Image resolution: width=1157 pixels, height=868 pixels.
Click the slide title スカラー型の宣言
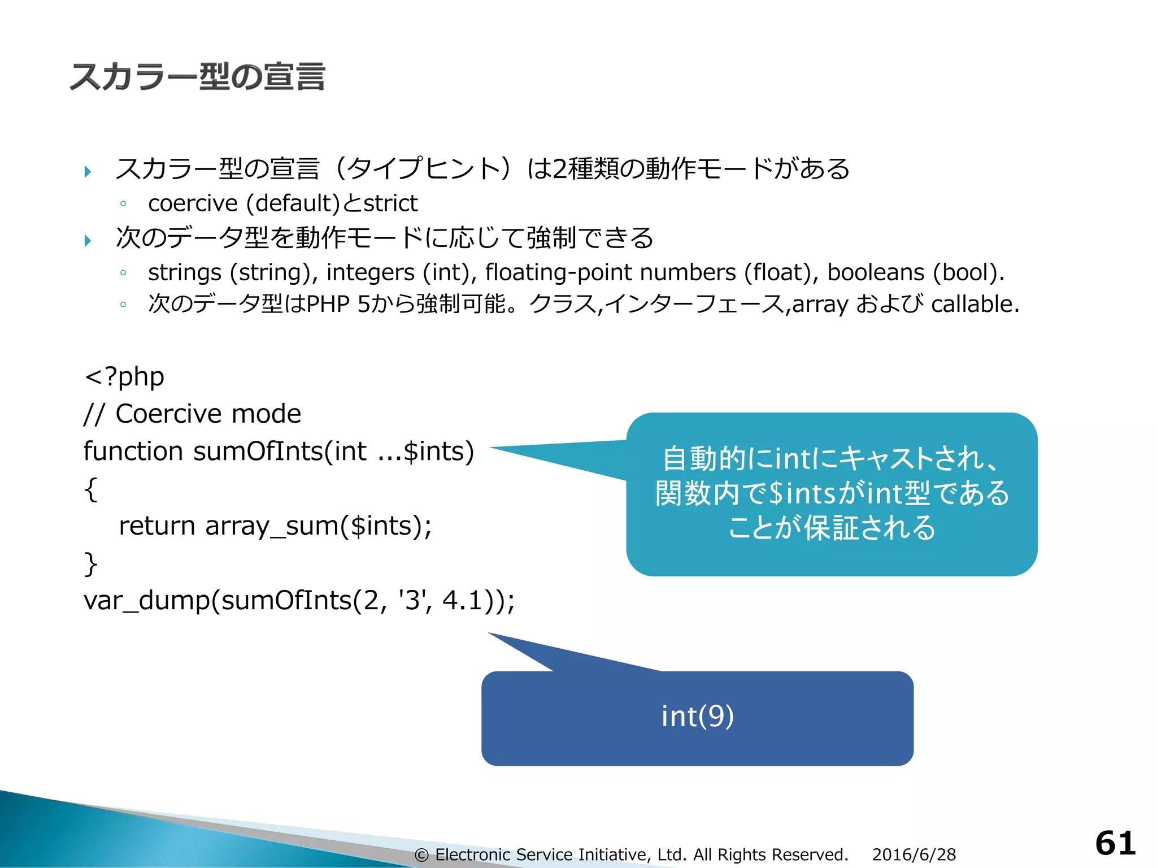click(x=197, y=77)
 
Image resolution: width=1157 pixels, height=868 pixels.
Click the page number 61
click(x=1115, y=844)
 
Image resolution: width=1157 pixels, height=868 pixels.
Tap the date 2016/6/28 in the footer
click(x=914, y=854)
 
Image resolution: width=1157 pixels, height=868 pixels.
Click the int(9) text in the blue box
click(x=697, y=717)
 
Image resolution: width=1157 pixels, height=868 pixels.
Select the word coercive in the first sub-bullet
click(x=193, y=203)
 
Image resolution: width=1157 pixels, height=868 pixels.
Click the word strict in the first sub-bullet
click(x=390, y=203)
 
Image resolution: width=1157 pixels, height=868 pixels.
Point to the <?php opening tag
click(x=124, y=377)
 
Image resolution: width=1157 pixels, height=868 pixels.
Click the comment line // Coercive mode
click(x=192, y=414)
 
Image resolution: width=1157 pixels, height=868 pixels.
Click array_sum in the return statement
click(x=271, y=526)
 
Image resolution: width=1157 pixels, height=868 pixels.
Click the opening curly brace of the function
click(x=90, y=489)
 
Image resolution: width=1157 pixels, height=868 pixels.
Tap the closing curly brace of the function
click(x=90, y=563)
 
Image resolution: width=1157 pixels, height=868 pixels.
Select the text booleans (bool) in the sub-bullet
click(x=915, y=272)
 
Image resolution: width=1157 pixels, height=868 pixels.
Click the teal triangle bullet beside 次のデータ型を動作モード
click(x=88, y=241)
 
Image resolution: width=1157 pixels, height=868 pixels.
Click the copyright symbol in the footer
click(x=421, y=855)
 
